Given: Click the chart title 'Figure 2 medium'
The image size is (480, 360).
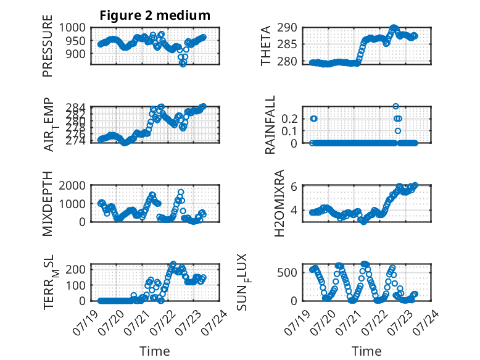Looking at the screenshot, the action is click(x=155, y=15).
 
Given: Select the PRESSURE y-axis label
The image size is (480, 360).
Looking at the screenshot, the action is click(x=48, y=46).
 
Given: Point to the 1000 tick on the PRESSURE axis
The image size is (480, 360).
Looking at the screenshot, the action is click(x=72, y=28).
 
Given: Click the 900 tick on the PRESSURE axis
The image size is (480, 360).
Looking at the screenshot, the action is click(x=76, y=54).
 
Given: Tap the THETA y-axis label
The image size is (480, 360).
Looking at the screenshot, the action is click(x=266, y=46).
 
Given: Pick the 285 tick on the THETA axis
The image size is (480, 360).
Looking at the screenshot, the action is click(x=287, y=44).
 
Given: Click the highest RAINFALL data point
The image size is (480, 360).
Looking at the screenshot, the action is click(x=395, y=106).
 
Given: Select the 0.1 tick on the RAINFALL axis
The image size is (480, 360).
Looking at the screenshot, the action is click(x=289, y=131).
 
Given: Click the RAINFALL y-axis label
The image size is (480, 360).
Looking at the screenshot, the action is click(x=270, y=125).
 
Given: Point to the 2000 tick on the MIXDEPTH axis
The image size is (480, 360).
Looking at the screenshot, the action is click(x=72, y=185).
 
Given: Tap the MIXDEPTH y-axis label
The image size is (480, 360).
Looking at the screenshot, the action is click(x=48, y=204).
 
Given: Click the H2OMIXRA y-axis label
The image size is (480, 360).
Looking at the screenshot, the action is click(x=279, y=203).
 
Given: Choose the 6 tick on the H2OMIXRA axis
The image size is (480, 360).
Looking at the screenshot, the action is click(x=294, y=186).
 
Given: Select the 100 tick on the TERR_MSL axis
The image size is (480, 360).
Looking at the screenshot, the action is click(x=76, y=285).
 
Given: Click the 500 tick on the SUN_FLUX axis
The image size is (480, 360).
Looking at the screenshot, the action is click(x=287, y=272).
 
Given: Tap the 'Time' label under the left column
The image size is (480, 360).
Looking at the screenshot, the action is click(x=155, y=351).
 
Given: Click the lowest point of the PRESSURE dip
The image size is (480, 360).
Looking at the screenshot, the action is click(x=183, y=64).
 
